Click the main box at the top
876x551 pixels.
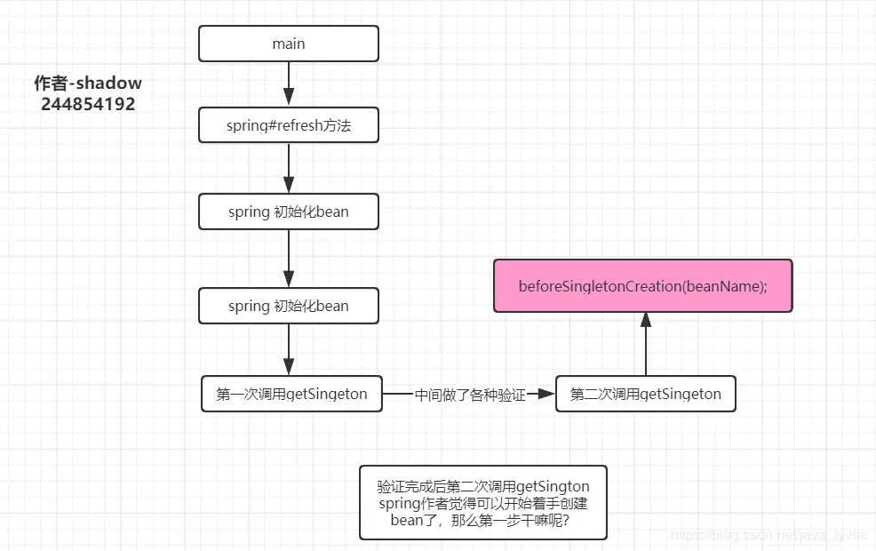pos(289,44)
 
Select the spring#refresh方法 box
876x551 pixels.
pos(289,125)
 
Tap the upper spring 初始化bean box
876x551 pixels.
pos(289,212)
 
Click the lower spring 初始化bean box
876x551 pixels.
pos(289,306)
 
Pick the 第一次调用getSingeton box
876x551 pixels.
pos(291,394)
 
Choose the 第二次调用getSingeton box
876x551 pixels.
pos(646,394)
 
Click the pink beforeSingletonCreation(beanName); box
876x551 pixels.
pos(642,286)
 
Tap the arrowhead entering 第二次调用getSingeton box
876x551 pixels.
pos(547,394)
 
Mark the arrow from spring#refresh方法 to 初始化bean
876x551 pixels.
pos(289,168)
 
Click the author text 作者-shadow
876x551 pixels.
pos(88,84)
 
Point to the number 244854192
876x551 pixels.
pos(88,104)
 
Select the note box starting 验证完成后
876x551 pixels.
pos(483,502)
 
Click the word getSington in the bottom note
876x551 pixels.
pos(553,486)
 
